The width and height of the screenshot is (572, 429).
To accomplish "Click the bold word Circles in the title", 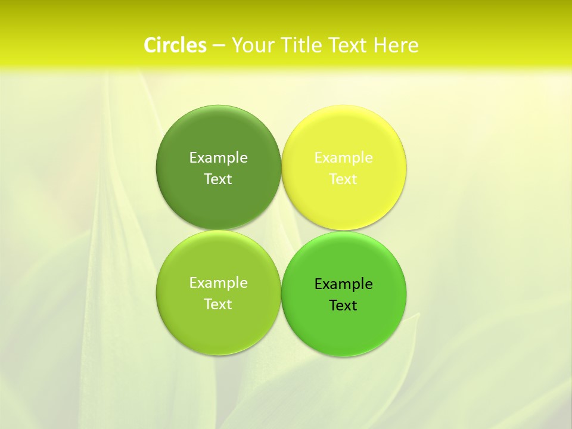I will [x=175, y=45].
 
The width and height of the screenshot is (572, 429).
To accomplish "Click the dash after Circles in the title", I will [x=219, y=46].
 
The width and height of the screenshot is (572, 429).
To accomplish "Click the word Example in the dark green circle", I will [x=218, y=157].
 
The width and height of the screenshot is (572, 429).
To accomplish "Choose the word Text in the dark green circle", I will [x=218, y=179].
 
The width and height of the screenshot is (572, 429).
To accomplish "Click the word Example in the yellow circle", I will [x=343, y=157].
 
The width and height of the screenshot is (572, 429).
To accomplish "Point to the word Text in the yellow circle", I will [x=343, y=179].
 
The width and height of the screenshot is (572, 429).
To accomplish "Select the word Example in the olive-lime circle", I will [x=218, y=282].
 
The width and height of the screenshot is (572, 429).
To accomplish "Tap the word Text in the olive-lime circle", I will [x=218, y=304].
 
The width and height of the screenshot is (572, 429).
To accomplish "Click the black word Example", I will [x=343, y=284].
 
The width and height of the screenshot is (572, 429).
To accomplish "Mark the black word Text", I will [x=343, y=305].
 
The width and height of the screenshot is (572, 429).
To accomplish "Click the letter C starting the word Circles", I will [x=150, y=45].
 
